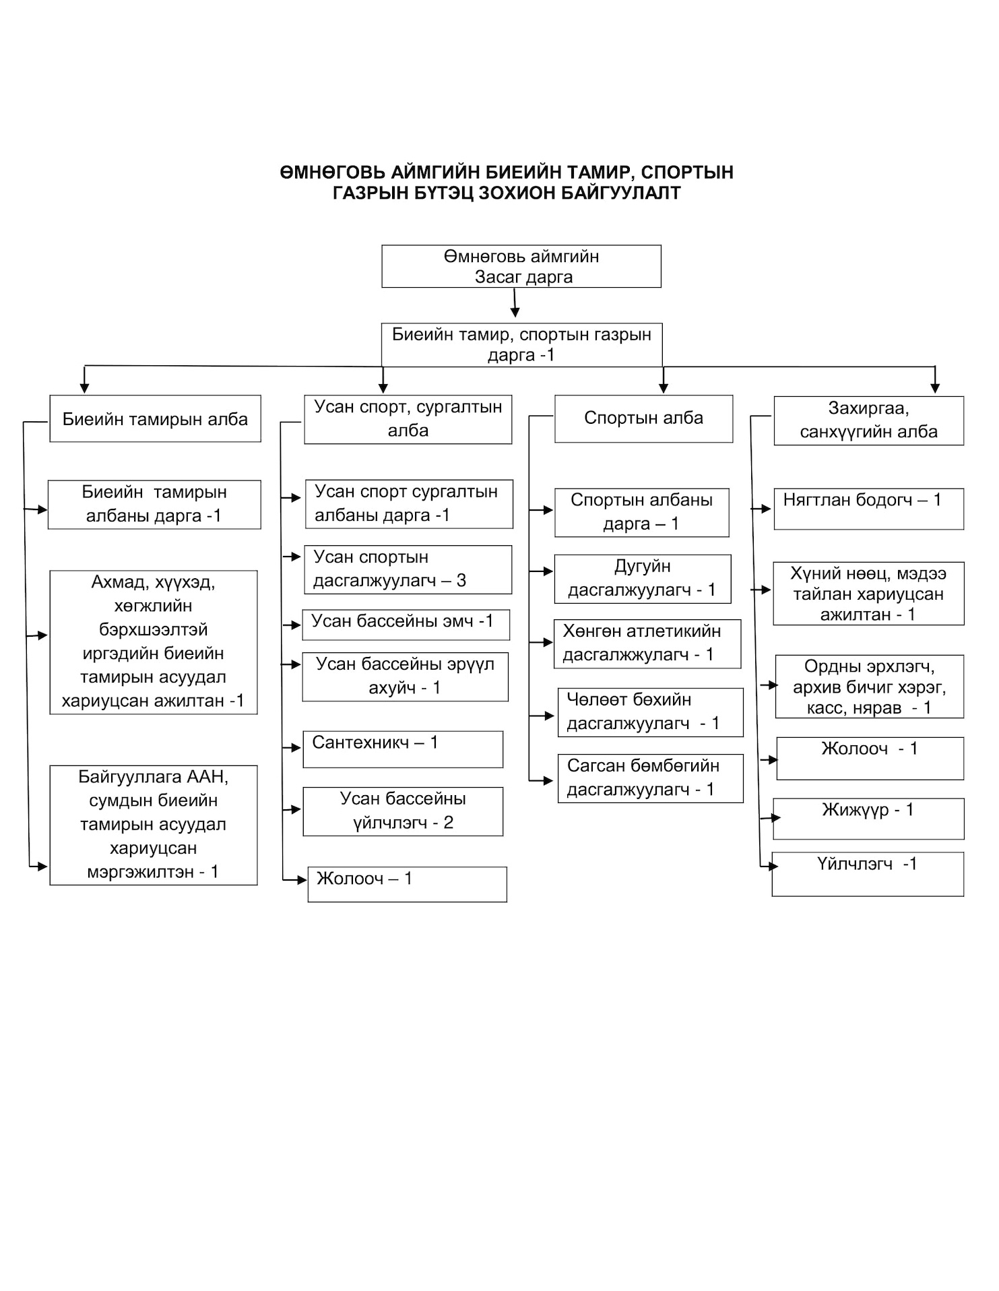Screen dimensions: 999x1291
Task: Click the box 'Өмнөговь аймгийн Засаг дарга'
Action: (x=521, y=266)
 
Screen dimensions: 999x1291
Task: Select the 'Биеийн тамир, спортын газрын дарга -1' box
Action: (x=522, y=345)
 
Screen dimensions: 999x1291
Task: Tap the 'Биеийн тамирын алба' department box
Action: (x=155, y=418)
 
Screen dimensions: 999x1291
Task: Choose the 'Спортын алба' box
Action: (x=644, y=418)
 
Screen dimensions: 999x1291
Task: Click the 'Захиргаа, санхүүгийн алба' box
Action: (x=869, y=420)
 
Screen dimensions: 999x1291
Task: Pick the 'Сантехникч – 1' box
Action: (x=403, y=749)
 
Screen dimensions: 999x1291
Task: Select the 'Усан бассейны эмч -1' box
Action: (x=406, y=625)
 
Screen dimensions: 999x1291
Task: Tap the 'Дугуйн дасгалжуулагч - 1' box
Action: (x=643, y=579)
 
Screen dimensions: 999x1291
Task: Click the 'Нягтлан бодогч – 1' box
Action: (x=869, y=509)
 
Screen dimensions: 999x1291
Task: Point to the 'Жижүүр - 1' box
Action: (x=868, y=819)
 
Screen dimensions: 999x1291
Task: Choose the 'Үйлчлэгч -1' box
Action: (x=868, y=874)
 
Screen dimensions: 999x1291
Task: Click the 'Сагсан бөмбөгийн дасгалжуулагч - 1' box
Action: (x=651, y=778)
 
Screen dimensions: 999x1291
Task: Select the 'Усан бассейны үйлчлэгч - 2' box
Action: (x=403, y=811)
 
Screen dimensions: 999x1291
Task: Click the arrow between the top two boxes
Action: (x=515, y=303)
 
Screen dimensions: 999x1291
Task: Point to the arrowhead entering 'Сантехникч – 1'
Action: (x=297, y=748)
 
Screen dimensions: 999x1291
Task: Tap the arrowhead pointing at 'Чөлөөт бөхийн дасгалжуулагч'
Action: (x=550, y=716)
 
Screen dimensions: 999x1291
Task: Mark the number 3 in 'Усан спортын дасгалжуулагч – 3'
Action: (x=461, y=581)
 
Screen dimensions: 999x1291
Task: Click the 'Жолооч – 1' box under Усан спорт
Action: (x=408, y=884)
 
